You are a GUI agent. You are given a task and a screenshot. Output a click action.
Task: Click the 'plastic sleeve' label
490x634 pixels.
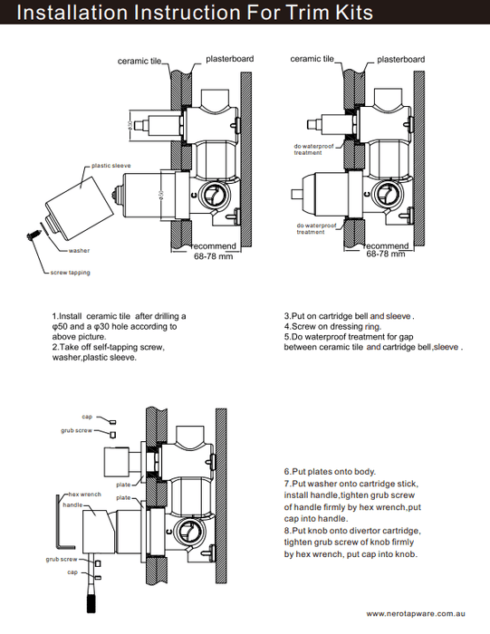(x=110, y=166)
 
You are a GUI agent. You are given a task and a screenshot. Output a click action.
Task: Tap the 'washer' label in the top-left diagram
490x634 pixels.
(x=79, y=251)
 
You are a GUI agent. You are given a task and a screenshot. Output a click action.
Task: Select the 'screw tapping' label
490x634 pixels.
(x=71, y=273)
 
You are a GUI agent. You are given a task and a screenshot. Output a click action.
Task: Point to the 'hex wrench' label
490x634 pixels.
(x=84, y=495)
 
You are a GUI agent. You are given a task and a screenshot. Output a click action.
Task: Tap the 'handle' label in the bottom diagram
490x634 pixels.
(x=72, y=504)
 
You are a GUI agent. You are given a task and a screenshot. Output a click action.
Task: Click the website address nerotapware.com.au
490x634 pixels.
(x=416, y=614)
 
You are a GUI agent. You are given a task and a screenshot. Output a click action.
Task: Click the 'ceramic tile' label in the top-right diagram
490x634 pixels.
(x=312, y=59)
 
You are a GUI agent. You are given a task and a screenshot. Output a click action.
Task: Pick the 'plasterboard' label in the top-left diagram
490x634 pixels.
(x=230, y=59)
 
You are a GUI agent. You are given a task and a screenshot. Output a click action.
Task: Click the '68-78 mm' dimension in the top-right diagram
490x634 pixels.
(x=385, y=254)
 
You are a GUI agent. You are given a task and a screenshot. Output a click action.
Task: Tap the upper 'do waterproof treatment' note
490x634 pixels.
(x=313, y=149)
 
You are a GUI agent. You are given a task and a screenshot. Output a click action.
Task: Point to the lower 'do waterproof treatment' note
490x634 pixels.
(x=316, y=229)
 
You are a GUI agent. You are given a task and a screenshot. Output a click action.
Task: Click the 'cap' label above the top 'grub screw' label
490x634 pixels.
(x=87, y=417)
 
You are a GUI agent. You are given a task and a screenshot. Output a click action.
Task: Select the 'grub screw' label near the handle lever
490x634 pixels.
(x=61, y=559)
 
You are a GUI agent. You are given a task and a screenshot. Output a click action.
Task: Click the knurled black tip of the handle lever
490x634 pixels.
(x=91, y=602)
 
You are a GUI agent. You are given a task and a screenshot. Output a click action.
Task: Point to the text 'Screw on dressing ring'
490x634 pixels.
(x=335, y=326)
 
